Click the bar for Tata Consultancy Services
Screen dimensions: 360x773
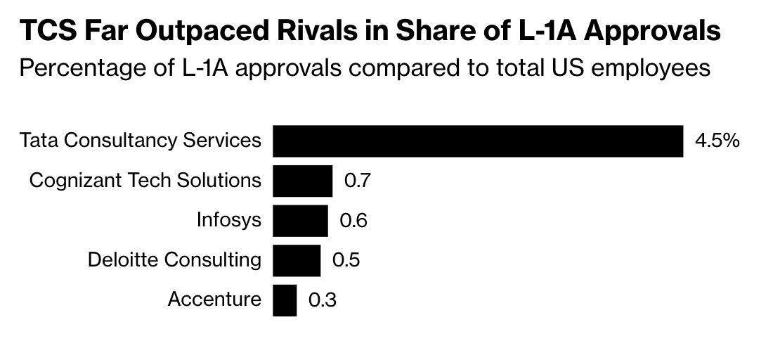[x=478, y=141]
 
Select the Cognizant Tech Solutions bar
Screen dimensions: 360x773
[x=302, y=181]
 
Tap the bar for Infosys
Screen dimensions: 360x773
[x=300, y=220]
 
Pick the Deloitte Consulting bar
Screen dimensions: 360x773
[x=297, y=260]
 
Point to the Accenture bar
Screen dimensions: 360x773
[x=285, y=300]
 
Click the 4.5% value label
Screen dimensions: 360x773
[x=717, y=141]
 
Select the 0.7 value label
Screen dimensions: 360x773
[x=357, y=181]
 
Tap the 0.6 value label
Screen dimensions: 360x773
[x=353, y=221]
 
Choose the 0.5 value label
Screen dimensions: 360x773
[x=346, y=260]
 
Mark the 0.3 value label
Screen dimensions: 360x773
[x=322, y=300]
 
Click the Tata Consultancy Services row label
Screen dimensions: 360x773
[x=141, y=141]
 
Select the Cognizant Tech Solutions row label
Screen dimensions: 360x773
[x=145, y=181]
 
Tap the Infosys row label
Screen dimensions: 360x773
[x=228, y=221]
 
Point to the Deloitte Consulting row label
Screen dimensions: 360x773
[x=174, y=260]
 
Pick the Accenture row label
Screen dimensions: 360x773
[x=214, y=300]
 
